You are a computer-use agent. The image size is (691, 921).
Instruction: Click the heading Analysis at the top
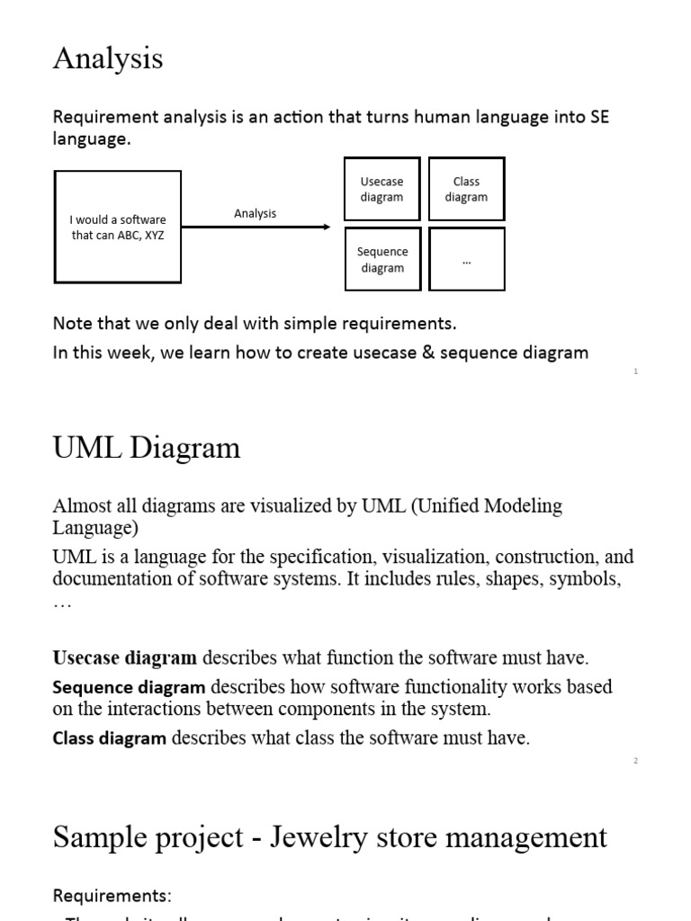(108, 58)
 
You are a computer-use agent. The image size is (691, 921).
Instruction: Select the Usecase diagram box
(381, 189)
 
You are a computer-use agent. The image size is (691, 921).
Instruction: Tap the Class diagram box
(466, 189)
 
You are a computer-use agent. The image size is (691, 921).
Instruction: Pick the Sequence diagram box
(382, 259)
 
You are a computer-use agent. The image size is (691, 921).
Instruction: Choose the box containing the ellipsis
(466, 259)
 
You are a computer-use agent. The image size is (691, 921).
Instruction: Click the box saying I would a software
(118, 228)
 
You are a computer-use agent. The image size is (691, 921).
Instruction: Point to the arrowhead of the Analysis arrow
(327, 227)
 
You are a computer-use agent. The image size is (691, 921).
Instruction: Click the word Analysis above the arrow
(256, 213)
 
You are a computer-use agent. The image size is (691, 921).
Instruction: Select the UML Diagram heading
(147, 448)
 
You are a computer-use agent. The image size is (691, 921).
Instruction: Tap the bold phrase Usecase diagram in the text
(125, 658)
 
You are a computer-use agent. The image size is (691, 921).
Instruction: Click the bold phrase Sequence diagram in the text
(130, 688)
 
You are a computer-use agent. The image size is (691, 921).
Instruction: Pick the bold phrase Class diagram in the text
(110, 739)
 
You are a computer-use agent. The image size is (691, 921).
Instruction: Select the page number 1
(636, 371)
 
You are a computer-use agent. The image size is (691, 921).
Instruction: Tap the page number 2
(635, 761)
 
